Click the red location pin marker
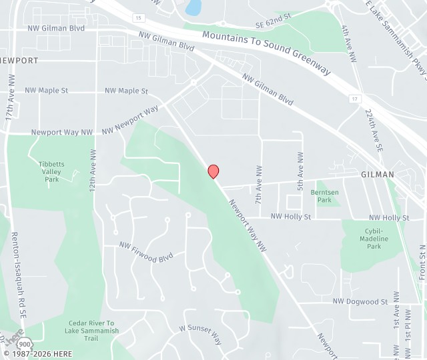click(213, 171)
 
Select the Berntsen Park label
click(324, 195)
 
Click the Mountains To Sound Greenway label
click(266, 53)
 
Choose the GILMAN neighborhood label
click(378, 174)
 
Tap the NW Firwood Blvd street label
click(145, 251)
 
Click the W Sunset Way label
click(200, 333)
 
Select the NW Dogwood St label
click(360, 301)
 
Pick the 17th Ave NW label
click(10, 97)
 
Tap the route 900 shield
click(25, 343)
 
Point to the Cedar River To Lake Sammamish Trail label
click(93, 331)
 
